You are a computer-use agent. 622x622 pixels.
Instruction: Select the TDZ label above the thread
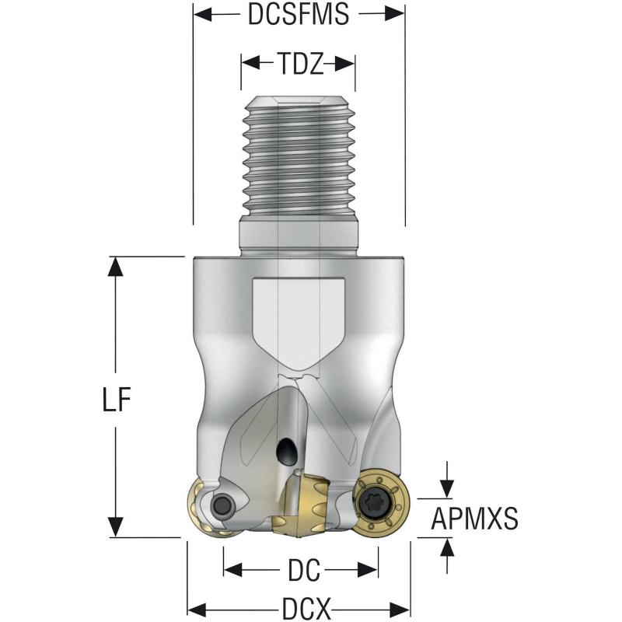click(299, 63)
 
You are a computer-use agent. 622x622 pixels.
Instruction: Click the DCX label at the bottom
click(299, 607)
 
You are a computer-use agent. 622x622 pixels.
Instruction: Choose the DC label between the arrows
click(299, 571)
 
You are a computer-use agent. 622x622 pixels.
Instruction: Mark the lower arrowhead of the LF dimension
click(115, 527)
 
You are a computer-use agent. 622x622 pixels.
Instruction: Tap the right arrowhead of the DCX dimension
click(400, 607)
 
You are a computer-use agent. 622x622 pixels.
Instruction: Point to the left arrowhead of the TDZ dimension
click(250, 63)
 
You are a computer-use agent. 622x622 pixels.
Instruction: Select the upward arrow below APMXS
click(446, 546)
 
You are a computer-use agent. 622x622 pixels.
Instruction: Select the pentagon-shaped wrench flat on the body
click(299, 319)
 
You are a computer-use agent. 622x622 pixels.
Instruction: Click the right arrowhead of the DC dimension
click(370, 571)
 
